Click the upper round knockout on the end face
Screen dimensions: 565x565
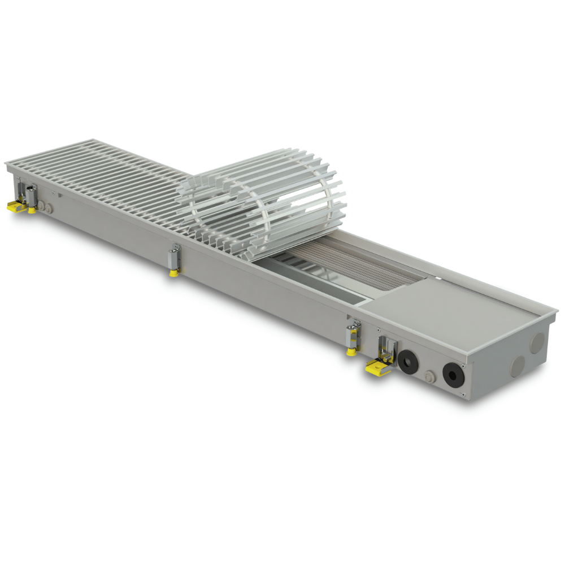(x=537, y=342)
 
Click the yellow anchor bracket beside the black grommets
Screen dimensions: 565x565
(x=377, y=368)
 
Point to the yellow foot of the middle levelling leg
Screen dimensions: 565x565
(x=172, y=272)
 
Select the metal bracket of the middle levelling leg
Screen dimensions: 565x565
(x=175, y=257)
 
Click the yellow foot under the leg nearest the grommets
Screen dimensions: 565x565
(x=351, y=351)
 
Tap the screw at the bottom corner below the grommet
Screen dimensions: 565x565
(x=462, y=394)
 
